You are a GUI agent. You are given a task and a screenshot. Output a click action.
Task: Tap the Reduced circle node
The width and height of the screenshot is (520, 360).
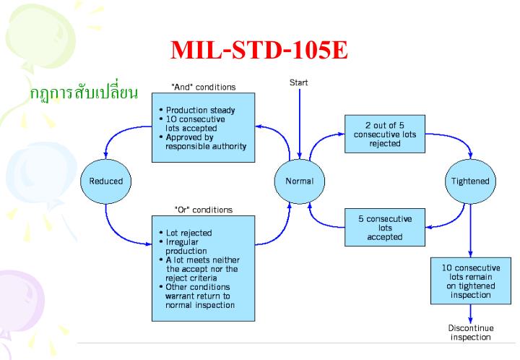point(105,181)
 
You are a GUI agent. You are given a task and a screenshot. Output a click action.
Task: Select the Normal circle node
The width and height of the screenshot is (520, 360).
point(298,181)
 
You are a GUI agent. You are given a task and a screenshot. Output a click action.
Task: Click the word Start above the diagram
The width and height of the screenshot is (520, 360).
point(298,82)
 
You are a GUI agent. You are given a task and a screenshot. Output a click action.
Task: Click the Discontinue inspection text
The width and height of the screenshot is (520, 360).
point(471,333)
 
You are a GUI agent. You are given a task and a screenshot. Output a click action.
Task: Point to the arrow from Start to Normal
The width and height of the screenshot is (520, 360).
point(298,123)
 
